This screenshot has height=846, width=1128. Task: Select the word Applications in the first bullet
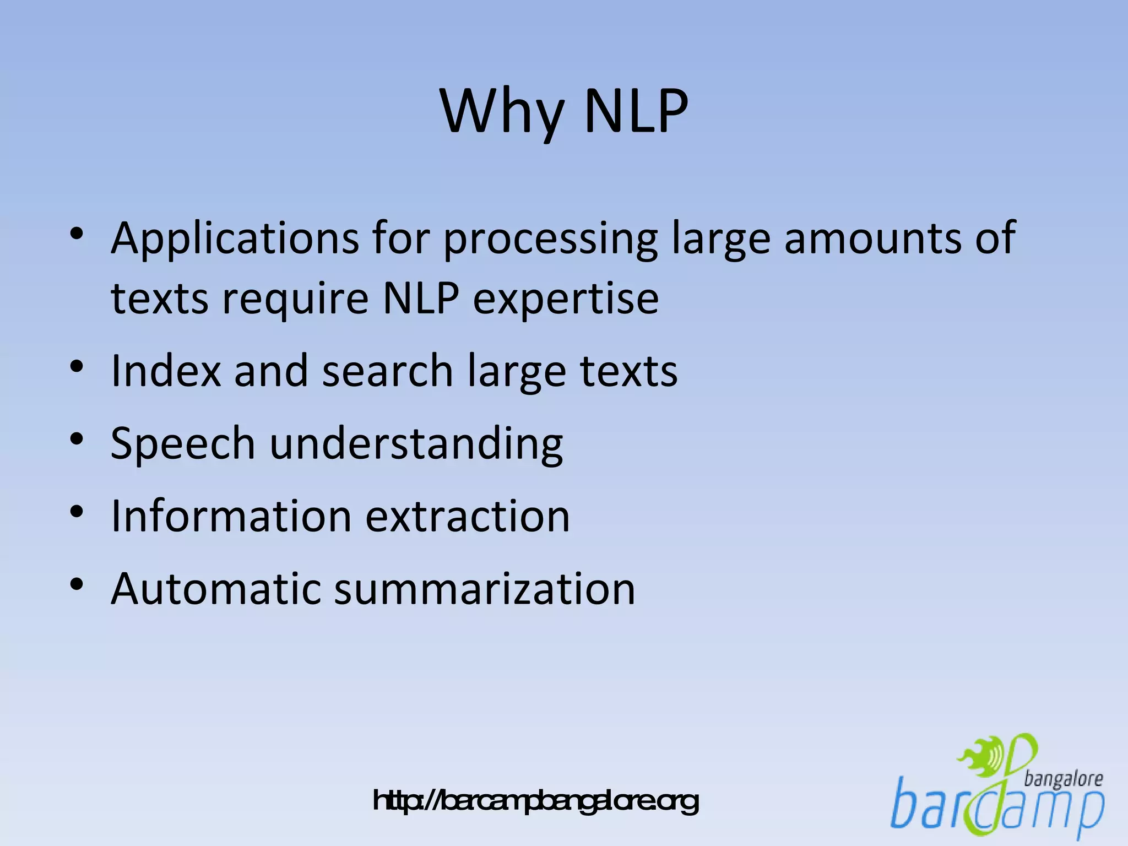click(235, 239)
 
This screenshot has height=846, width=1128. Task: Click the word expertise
click(566, 300)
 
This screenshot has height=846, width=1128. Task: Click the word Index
click(166, 371)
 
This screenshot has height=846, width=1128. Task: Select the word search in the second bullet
click(387, 371)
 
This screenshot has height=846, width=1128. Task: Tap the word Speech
click(182, 444)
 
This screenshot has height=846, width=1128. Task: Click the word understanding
click(416, 444)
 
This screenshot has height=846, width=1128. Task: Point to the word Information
click(231, 516)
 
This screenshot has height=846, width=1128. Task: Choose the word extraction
click(468, 516)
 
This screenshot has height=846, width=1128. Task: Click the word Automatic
click(215, 589)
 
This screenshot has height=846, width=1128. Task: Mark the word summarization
click(485, 589)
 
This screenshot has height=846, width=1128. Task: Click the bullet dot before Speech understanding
click(77, 439)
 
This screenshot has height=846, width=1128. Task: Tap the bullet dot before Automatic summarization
click(77, 584)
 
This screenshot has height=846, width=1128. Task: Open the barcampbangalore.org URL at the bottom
click(535, 801)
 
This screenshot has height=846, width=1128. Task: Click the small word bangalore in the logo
click(1063, 779)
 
